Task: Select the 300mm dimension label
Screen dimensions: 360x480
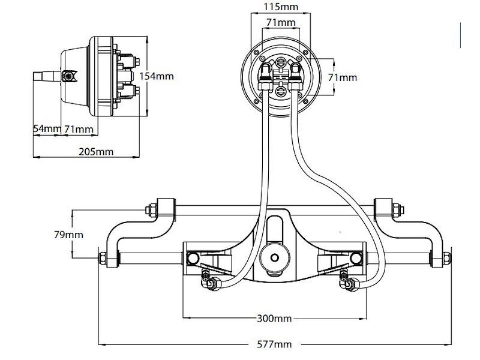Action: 275,318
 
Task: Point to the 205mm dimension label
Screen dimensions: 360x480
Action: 96,151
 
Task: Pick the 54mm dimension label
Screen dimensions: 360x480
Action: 46,129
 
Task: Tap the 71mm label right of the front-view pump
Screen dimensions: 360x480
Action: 343,77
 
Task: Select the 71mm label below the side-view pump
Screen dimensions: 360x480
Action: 79,129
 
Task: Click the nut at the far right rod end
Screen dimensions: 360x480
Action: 446,258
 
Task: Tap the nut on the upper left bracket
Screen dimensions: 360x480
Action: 151,209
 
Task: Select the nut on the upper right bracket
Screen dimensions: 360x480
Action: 397,209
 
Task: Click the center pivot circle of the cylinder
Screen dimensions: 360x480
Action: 275,257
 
